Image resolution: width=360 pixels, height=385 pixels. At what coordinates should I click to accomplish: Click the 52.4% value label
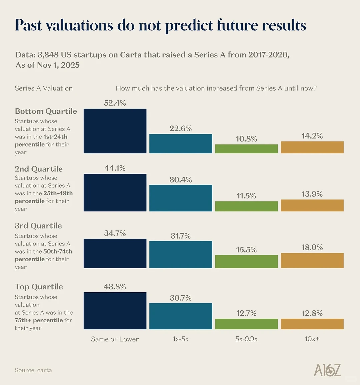[115, 103]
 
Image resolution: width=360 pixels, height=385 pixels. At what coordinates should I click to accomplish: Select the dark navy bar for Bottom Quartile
[115, 131]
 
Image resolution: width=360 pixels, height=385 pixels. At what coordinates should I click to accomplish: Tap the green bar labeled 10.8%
[246, 149]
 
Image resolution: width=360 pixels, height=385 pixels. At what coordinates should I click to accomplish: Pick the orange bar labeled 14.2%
[312, 147]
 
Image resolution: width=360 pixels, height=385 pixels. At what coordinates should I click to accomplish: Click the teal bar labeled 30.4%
[181, 198]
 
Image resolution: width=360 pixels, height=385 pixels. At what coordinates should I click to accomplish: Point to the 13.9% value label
[312, 194]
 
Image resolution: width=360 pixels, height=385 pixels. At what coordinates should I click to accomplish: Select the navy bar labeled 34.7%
[115, 253]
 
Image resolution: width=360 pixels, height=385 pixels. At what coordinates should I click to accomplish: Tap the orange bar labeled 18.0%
[312, 260]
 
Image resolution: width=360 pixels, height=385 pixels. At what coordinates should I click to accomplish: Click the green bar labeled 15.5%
[246, 261]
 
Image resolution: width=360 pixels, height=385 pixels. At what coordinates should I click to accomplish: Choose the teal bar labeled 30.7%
[181, 316]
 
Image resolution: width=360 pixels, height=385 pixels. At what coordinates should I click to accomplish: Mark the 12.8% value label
[312, 313]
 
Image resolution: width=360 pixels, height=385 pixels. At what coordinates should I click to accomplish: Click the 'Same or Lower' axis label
[115, 339]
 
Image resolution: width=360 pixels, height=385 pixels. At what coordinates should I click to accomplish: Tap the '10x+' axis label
[312, 339]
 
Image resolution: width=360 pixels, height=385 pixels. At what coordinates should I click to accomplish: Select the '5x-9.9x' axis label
[246, 339]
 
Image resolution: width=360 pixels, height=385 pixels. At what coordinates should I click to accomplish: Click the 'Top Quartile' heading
[39, 287]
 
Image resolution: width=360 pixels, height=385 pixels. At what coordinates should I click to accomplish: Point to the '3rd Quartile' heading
[38, 226]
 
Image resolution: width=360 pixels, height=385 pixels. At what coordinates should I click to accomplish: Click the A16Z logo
[327, 370]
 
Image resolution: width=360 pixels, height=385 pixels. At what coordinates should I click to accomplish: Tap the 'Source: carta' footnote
[33, 370]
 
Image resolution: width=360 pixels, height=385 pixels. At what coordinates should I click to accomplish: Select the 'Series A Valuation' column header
[44, 88]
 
